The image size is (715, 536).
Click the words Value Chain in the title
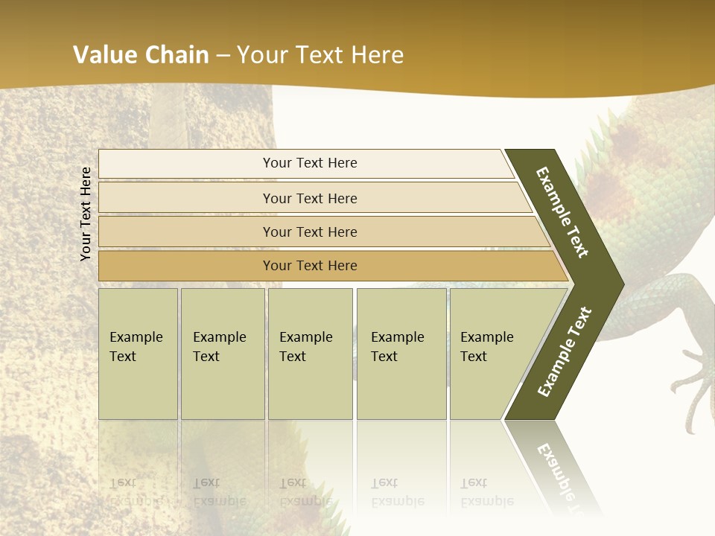point(141,55)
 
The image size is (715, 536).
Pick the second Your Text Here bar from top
point(309,198)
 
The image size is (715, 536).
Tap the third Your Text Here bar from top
point(309,232)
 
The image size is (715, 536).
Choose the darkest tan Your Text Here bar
point(309,266)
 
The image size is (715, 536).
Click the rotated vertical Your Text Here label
point(86,214)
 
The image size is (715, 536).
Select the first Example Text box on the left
point(138,354)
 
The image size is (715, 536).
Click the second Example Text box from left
point(222,354)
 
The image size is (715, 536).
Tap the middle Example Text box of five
point(310,354)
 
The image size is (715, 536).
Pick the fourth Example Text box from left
point(401,354)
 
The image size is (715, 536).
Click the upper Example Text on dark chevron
point(562,212)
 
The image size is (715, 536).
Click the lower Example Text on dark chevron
point(565,351)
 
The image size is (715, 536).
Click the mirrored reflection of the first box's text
point(136,491)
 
